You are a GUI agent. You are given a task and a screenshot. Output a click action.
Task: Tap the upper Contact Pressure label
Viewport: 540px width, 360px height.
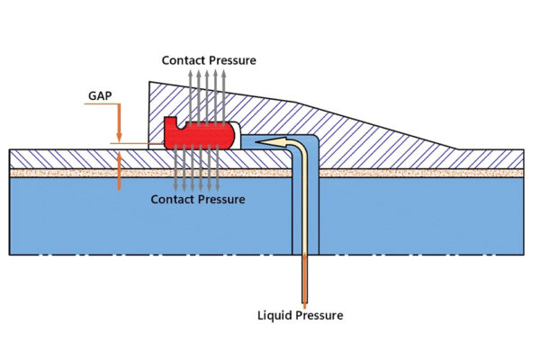pos(209,60)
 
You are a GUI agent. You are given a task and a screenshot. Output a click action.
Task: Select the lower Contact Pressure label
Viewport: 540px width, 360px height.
pos(197,198)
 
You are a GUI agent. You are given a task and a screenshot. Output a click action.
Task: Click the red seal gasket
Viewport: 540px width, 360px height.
pos(198,135)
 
